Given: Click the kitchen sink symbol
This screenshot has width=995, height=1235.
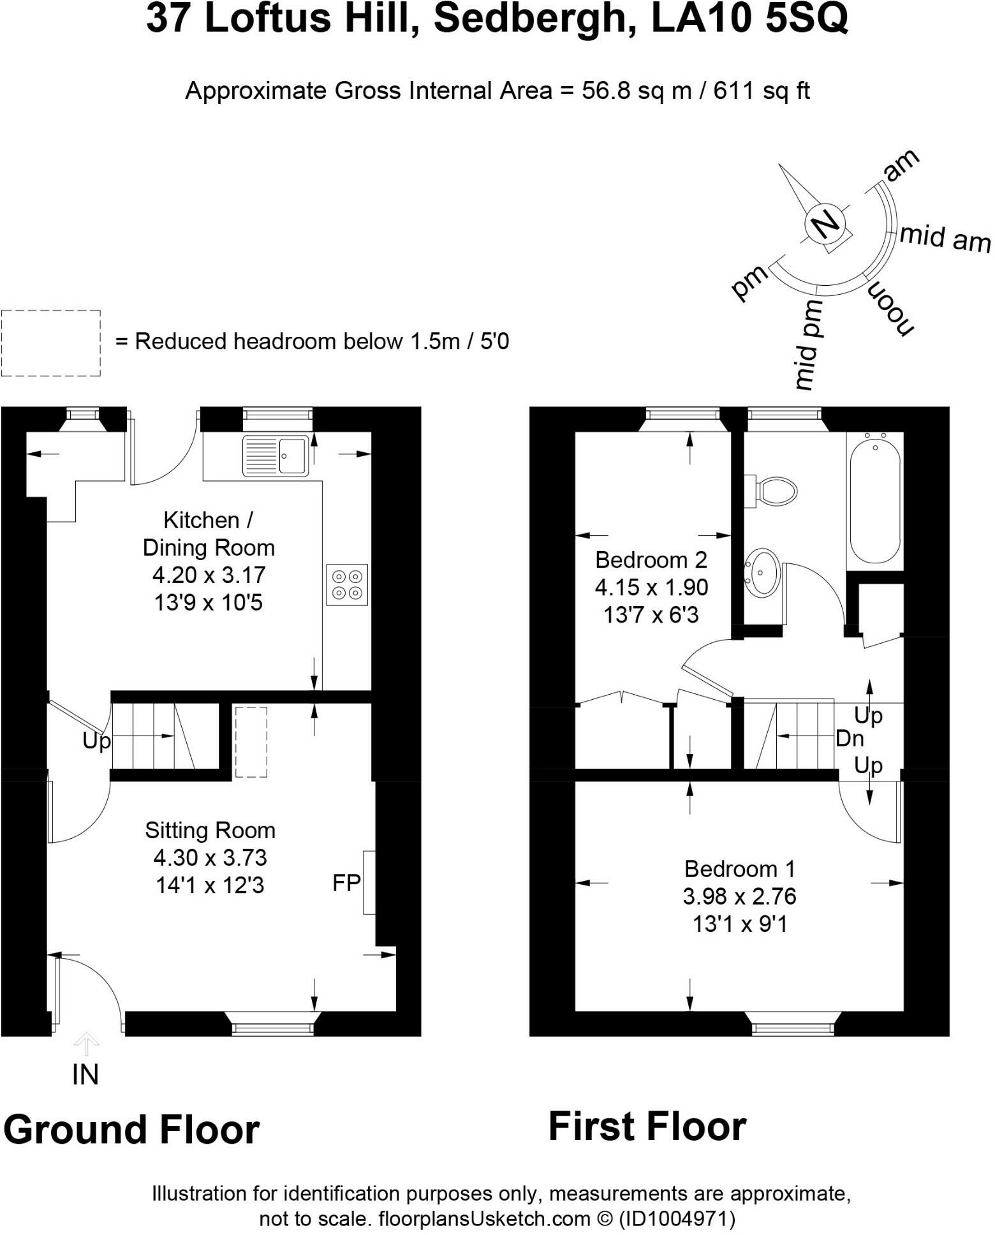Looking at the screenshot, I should point(276,455).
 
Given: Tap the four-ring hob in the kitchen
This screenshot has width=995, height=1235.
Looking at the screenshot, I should point(347,584).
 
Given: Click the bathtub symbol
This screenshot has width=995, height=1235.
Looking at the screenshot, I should point(875,498).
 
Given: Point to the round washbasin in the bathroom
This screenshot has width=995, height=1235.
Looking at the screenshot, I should point(762,572).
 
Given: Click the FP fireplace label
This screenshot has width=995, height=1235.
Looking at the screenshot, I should point(346,883).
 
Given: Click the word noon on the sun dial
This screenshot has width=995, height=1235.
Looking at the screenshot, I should point(890,308).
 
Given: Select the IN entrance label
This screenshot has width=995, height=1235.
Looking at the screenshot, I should point(85,1076).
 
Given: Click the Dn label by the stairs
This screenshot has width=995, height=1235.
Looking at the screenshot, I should point(849,739).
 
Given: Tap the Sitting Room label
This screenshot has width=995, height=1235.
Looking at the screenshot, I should point(210,830).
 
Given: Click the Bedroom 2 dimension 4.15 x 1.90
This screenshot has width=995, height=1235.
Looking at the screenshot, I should point(651,587).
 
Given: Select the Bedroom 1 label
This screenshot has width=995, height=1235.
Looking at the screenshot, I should point(739,869).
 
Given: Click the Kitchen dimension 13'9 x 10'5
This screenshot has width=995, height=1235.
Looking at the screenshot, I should point(209,602).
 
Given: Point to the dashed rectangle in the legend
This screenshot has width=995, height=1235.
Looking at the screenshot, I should point(51,343).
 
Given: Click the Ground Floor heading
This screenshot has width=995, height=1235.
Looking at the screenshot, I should point(131,1130).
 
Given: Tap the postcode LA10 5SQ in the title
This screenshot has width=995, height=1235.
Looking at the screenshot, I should point(749,19).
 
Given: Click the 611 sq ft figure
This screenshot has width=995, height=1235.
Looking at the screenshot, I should point(762,91).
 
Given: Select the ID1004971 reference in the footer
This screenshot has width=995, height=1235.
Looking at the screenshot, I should point(676,1219).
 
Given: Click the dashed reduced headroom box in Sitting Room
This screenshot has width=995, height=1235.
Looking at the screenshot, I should point(251,742).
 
